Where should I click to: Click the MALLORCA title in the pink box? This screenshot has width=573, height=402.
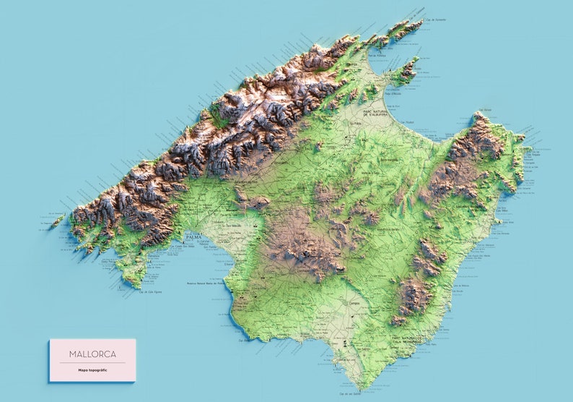[x=92, y=354]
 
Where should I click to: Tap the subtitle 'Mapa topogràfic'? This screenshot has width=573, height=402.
[x=92, y=370]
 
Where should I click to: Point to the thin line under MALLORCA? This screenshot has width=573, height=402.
[x=92, y=362]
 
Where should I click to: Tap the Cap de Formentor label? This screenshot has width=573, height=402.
[x=436, y=20]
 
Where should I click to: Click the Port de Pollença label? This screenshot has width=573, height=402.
[x=376, y=56]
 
